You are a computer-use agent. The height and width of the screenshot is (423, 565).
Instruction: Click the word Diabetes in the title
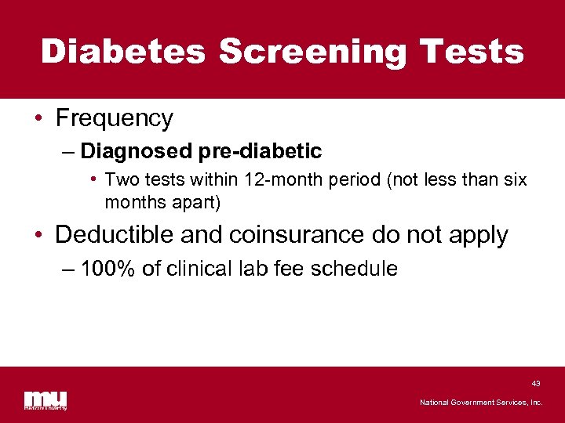pyautogui.click(x=123, y=52)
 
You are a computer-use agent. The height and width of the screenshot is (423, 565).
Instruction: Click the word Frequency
pyautogui.click(x=114, y=118)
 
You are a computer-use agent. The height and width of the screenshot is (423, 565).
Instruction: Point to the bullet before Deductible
pyautogui.click(x=38, y=235)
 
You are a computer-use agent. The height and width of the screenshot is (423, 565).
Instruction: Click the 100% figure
pyautogui.click(x=109, y=269)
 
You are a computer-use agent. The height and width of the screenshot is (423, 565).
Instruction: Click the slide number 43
pyautogui.click(x=535, y=383)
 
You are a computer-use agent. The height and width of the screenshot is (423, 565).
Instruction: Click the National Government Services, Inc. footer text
pyautogui.click(x=481, y=402)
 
